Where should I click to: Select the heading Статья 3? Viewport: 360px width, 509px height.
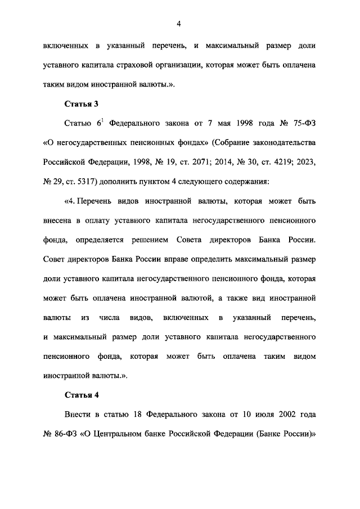82,103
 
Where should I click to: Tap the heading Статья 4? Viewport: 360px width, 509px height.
82,394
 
